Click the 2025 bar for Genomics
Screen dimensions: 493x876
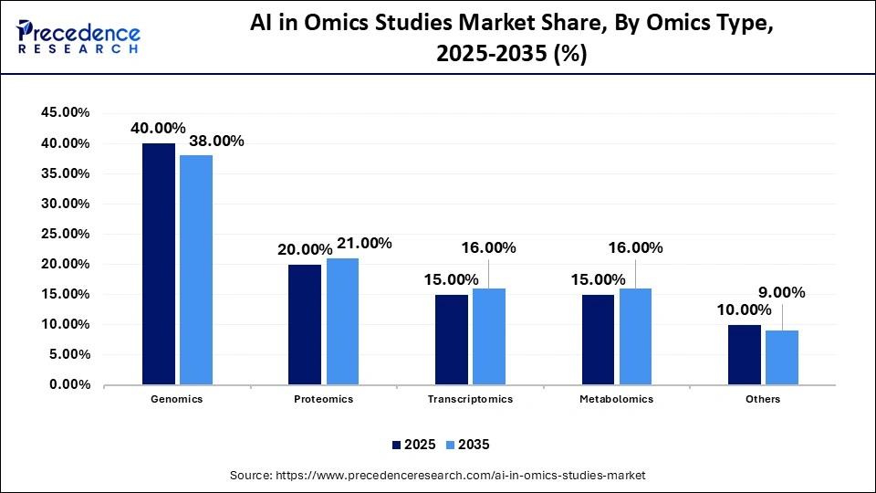158,264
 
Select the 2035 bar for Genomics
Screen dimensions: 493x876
196,270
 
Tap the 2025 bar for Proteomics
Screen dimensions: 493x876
305,324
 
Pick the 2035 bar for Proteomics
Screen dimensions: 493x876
342,321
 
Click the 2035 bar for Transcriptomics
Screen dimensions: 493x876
489,336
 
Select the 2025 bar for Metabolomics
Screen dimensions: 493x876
598,340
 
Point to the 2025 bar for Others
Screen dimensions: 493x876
744,354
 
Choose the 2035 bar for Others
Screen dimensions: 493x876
782,357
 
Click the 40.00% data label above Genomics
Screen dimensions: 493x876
158,128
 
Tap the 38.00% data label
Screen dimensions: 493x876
215,141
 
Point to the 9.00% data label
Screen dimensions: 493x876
782,293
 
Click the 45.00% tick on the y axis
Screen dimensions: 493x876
65,113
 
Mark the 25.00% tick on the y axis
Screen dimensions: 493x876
65,234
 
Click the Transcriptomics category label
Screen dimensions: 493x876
470,400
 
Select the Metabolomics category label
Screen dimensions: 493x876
616,400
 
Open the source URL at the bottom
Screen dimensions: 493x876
438,476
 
